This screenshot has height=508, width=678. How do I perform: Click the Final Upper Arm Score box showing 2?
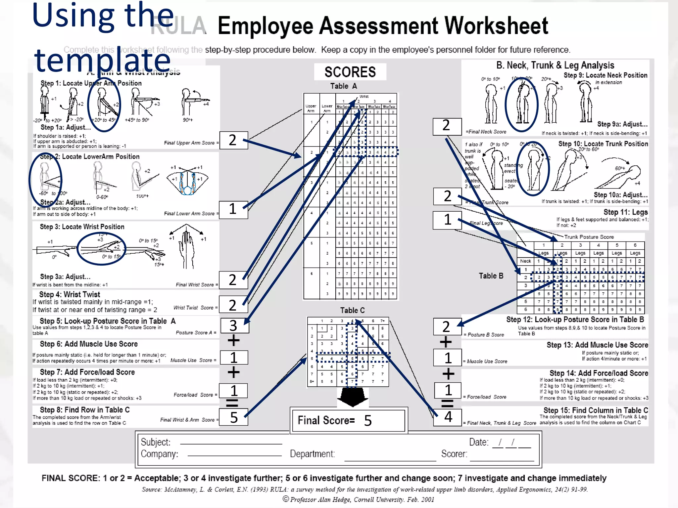tap(233, 140)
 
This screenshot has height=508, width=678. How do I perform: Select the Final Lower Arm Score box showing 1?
tap(233, 209)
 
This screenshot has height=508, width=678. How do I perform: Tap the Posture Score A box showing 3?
tap(234, 325)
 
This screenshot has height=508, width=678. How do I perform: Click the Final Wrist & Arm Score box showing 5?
tap(234, 417)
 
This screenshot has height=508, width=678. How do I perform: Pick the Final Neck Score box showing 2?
tap(447, 126)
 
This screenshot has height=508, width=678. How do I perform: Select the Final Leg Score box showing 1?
tap(447, 220)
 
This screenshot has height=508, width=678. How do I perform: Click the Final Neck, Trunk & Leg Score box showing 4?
tap(448, 417)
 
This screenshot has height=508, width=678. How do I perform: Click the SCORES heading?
tap(350, 72)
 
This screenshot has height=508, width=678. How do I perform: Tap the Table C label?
tap(352, 310)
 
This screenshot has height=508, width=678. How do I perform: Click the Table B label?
tap(491, 276)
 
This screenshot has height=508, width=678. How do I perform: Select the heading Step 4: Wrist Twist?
tap(70, 294)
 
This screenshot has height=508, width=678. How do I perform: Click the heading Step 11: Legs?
tap(625, 212)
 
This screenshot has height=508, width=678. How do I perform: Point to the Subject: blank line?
tap(231, 443)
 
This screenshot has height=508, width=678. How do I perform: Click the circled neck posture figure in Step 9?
tap(522, 104)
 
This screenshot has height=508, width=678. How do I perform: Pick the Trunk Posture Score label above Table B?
tap(589, 237)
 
